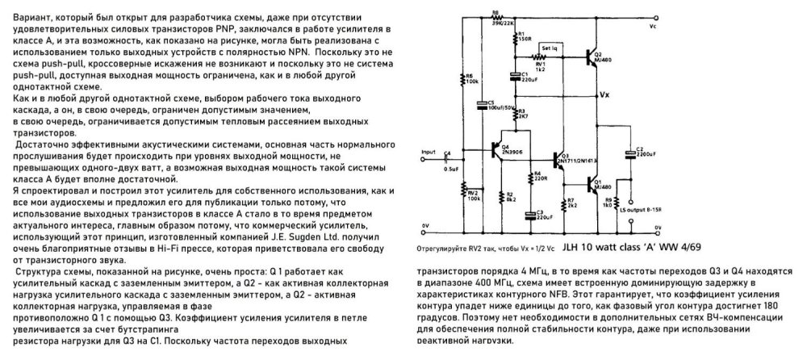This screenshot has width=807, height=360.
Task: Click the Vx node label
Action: pos(604,94)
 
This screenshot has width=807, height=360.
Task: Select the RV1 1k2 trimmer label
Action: pos(552,67)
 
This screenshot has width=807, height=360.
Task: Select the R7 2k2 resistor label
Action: pos(571,203)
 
